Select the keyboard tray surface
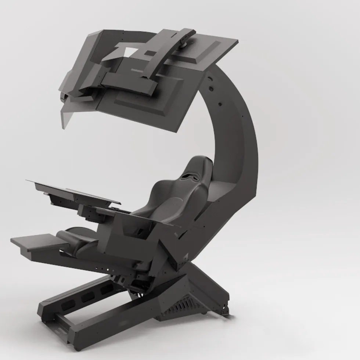73,189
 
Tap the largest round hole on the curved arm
212,89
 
